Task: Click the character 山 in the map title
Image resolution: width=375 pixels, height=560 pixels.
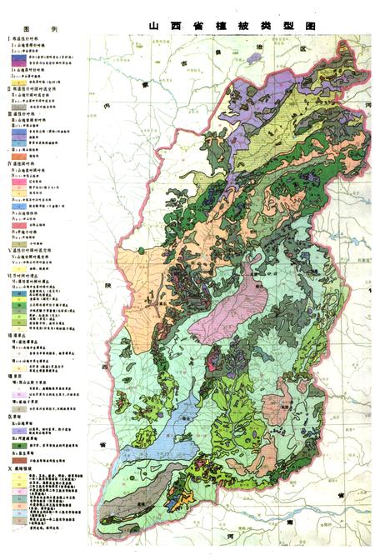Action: point(153,26)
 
